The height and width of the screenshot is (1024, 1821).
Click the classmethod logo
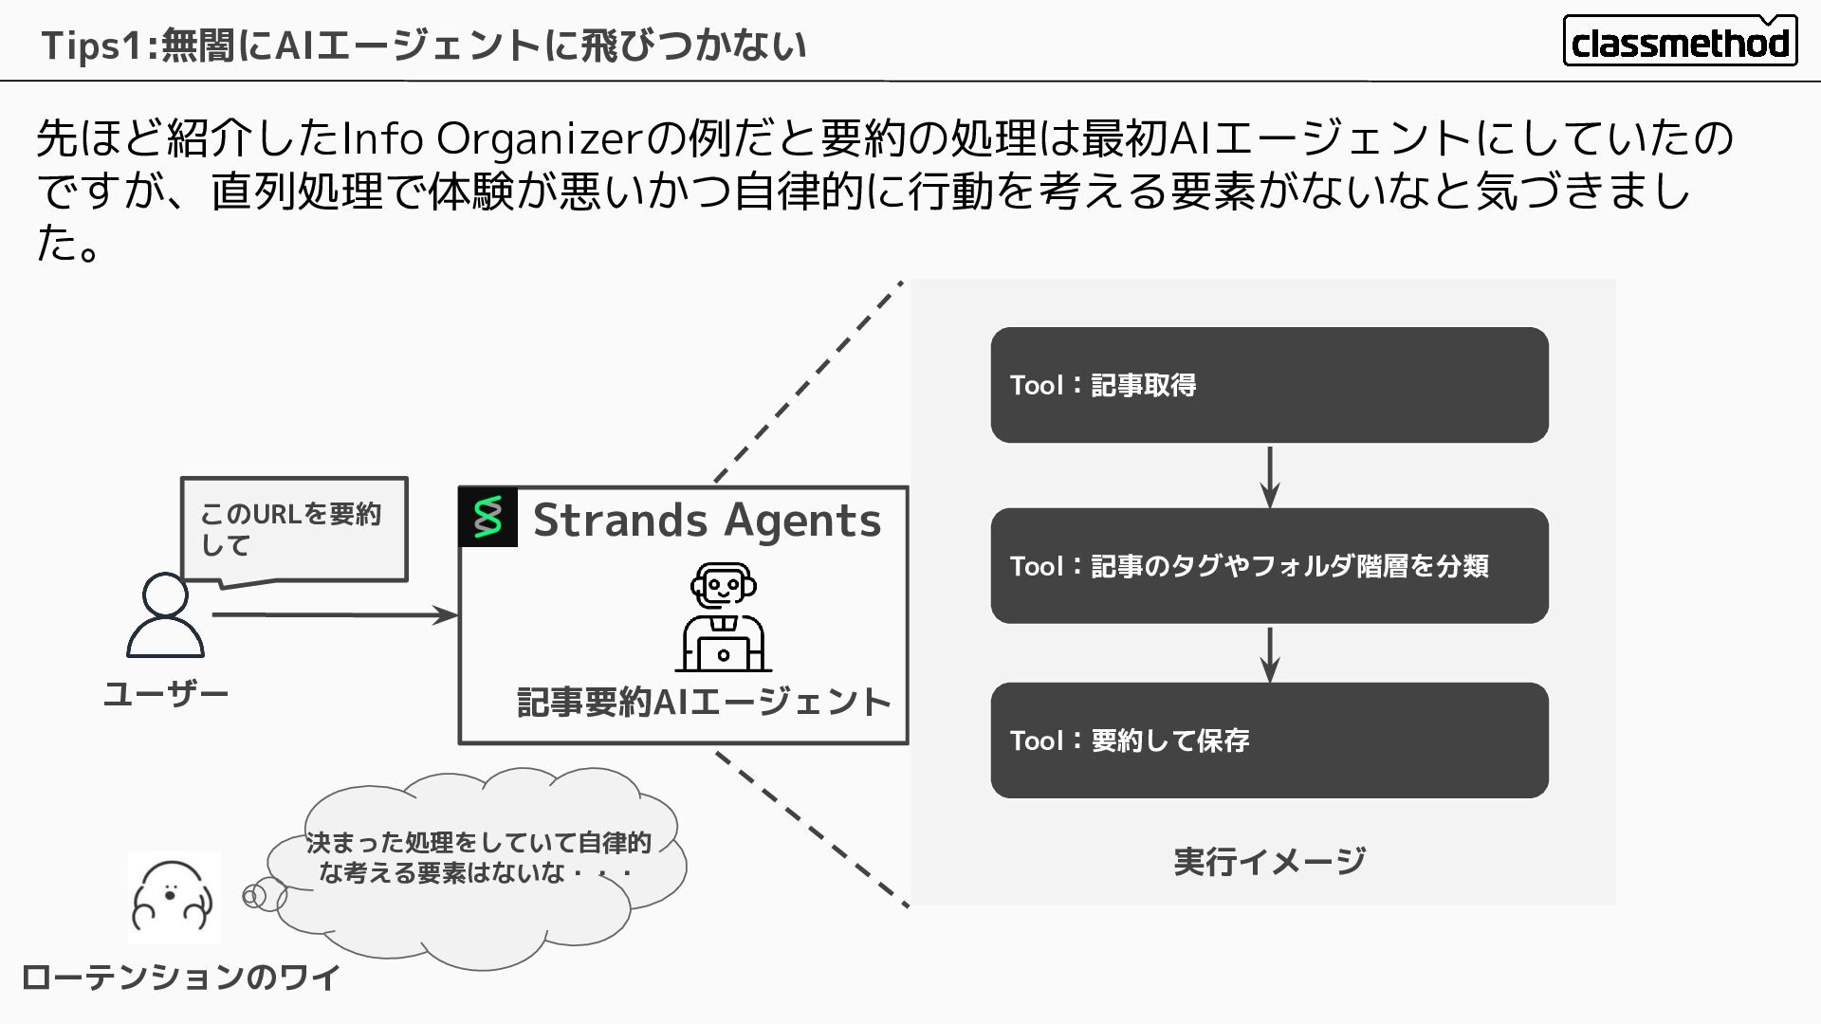point(1680,41)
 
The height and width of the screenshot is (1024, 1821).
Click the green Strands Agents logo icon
point(487,518)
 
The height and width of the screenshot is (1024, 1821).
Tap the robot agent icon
point(723,616)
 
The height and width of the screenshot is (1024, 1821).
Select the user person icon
point(165,615)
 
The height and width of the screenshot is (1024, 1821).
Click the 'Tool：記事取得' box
point(1269,385)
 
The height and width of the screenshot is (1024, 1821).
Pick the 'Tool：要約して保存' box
point(1269,741)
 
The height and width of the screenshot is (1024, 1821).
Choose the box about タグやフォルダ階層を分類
point(1269,566)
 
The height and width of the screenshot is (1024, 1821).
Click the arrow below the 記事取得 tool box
point(1270,476)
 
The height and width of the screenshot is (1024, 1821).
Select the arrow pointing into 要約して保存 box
point(1270,654)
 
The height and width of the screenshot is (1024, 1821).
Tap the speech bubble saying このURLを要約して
point(293,529)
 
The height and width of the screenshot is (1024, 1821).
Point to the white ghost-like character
point(174,897)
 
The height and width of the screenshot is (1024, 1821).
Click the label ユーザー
point(166,695)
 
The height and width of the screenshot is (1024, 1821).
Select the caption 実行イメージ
point(1269,862)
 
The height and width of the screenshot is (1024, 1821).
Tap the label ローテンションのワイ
point(180,978)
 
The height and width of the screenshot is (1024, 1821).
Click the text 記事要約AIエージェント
point(703,703)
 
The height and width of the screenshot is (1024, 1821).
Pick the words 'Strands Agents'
point(707,521)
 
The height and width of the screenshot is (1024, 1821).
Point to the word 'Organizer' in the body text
point(540,139)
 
